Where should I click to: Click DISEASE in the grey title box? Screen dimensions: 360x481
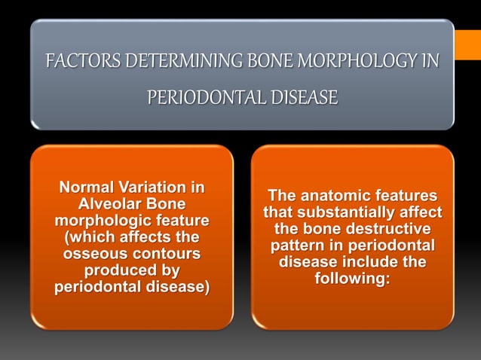coord(299,98)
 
